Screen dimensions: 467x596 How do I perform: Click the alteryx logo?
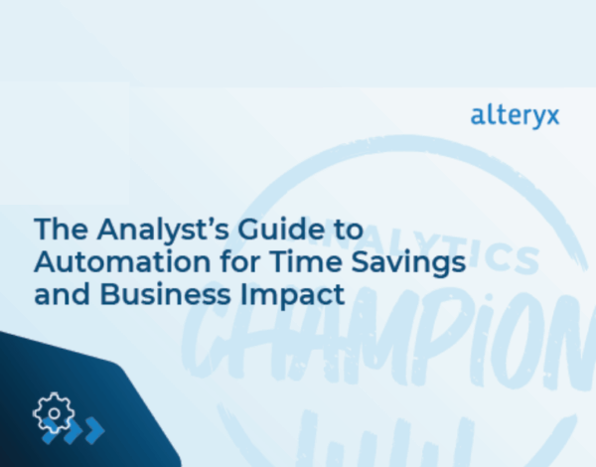coord(515,115)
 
